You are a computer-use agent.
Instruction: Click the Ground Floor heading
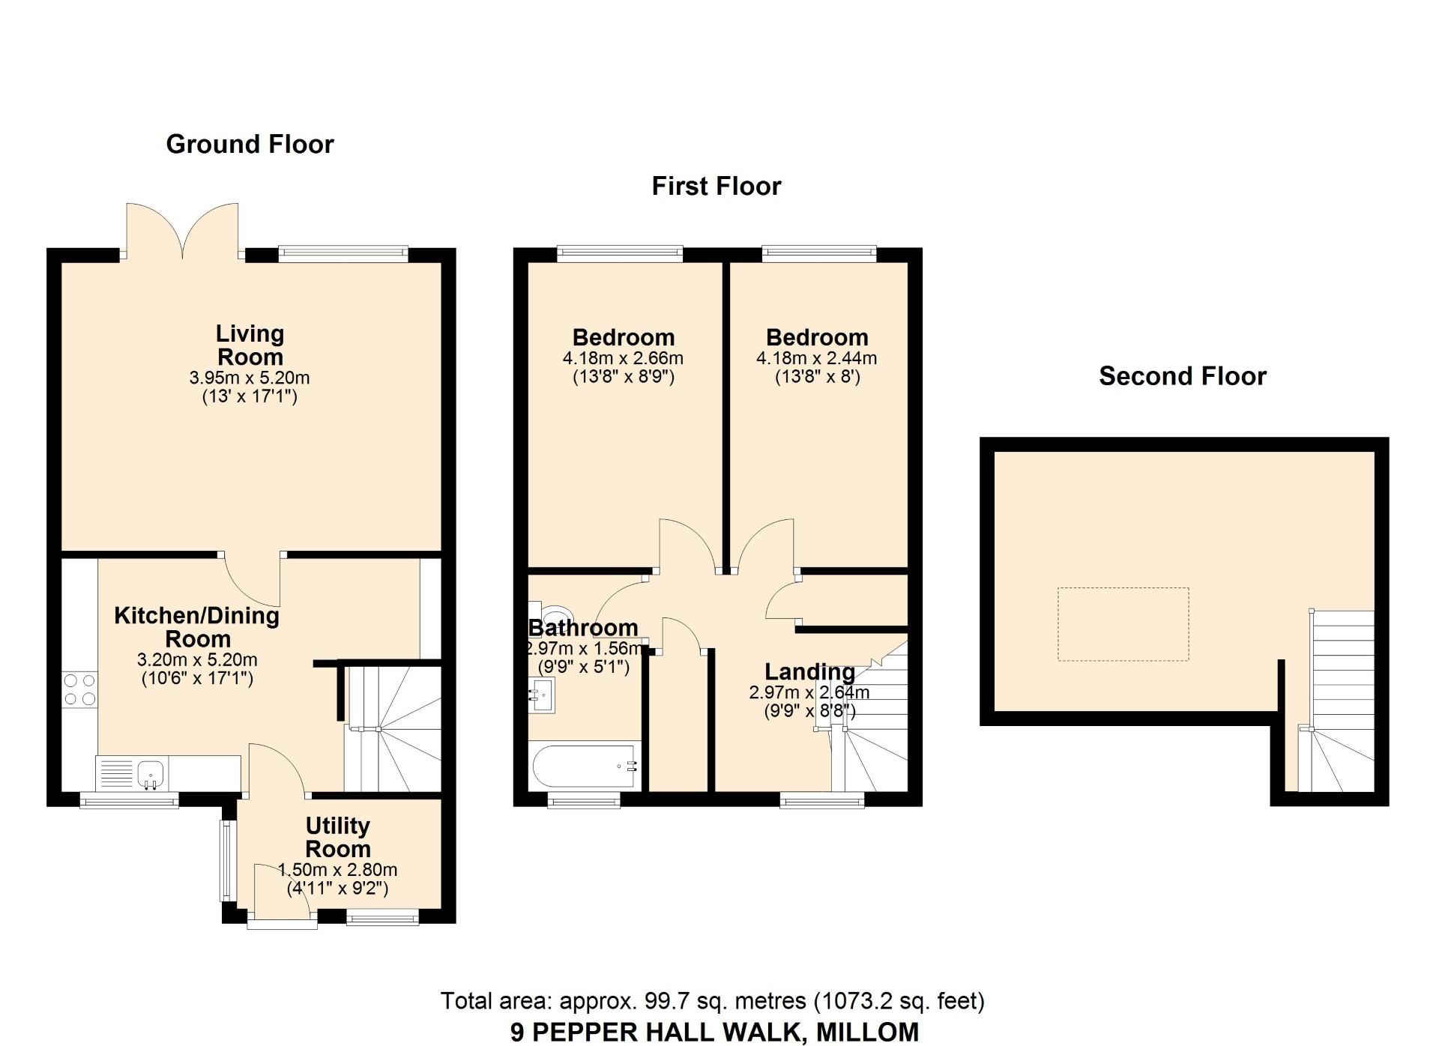[x=250, y=144]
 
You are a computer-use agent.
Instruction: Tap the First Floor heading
[x=717, y=186]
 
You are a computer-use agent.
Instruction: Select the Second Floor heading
[x=1183, y=375]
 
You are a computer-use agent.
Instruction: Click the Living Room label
[x=250, y=345]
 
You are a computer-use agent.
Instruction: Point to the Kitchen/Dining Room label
[x=197, y=627]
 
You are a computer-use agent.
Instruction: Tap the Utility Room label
[x=338, y=837]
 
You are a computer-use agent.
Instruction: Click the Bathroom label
[x=583, y=627]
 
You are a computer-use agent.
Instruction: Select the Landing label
[x=809, y=671]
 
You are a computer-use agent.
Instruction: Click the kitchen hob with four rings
[x=79, y=689]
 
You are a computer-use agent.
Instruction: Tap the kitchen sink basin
[x=151, y=773]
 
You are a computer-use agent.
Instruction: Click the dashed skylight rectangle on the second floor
[x=1123, y=624]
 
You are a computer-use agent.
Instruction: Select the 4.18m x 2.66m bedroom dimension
[x=623, y=358]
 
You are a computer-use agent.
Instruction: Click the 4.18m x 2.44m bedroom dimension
[x=817, y=358]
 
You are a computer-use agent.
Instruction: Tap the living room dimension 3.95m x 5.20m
[x=250, y=378]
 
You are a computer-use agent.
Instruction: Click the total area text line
[x=712, y=1001]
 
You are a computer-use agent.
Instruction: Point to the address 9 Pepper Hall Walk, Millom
[x=714, y=1032]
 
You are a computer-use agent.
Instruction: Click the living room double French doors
[x=183, y=231]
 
